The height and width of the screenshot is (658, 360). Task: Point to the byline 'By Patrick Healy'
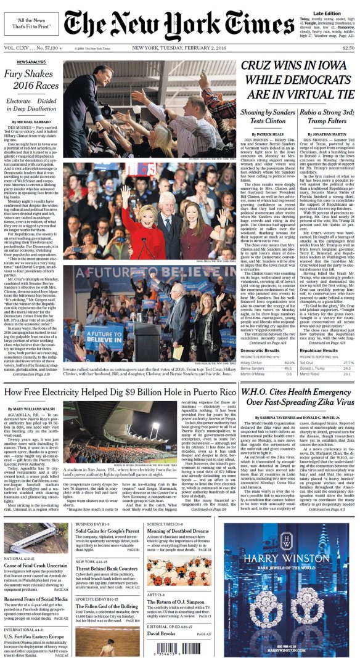[268, 134]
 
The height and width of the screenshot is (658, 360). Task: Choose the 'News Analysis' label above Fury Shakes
[30, 62]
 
